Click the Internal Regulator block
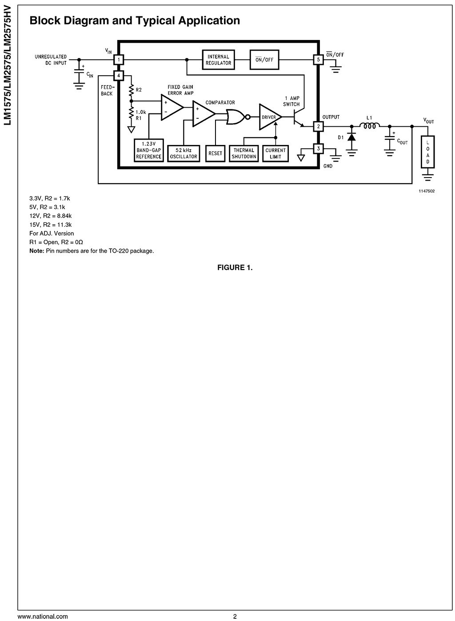pyautogui.click(x=218, y=60)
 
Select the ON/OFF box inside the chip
pyautogui.click(x=264, y=60)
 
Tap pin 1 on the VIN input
pyautogui.click(x=119, y=60)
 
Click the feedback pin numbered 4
pyautogui.click(x=119, y=75)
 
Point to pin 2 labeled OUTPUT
pyautogui.click(x=318, y=126)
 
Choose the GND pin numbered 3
pyautogui.click(x=318, y=148)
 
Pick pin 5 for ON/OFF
pyautogui.click(x=318, y=60)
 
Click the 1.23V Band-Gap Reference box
pyautogui.click(x=149, y=150)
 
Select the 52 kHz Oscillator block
pyautogui.click(x=183, y=153)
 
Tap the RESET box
pyautogui.click(x=215, y=153)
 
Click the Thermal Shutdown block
pyautogui.click(x=244, y=153)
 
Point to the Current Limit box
pyautogui.click(x=275, y=153)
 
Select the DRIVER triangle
pyautogui.click(x=269, y=117)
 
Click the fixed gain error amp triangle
pyautogui.click(x=171, y=107)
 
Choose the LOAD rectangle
pyautogui.click(x=428, y=152)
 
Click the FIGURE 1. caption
pyautogui.click(x=235, y=267)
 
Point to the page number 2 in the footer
pyautogui.click(x=235, y=617)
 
